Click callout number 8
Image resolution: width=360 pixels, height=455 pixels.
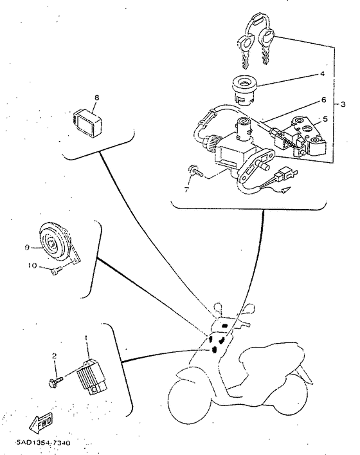[96, 98]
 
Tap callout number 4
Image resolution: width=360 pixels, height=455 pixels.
[322, 74]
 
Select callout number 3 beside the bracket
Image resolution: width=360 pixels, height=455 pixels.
[343, 104]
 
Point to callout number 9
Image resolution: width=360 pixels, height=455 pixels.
[27, 247]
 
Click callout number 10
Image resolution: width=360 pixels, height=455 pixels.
[33, 265]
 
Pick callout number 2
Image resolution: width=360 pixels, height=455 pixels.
[54, 356]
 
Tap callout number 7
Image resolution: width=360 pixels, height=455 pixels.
[186, 190]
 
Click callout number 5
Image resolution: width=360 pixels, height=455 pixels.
[325, 119]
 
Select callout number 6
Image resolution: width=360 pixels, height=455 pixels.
[323, 100]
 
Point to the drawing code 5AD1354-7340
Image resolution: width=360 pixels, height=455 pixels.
[43, 443]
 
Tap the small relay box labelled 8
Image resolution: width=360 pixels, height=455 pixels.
[87, 122]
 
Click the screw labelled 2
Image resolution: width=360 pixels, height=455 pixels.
[56, 382]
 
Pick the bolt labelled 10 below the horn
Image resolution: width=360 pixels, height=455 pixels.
[56, 270]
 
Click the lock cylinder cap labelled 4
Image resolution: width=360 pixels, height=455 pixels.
[244, 89]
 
